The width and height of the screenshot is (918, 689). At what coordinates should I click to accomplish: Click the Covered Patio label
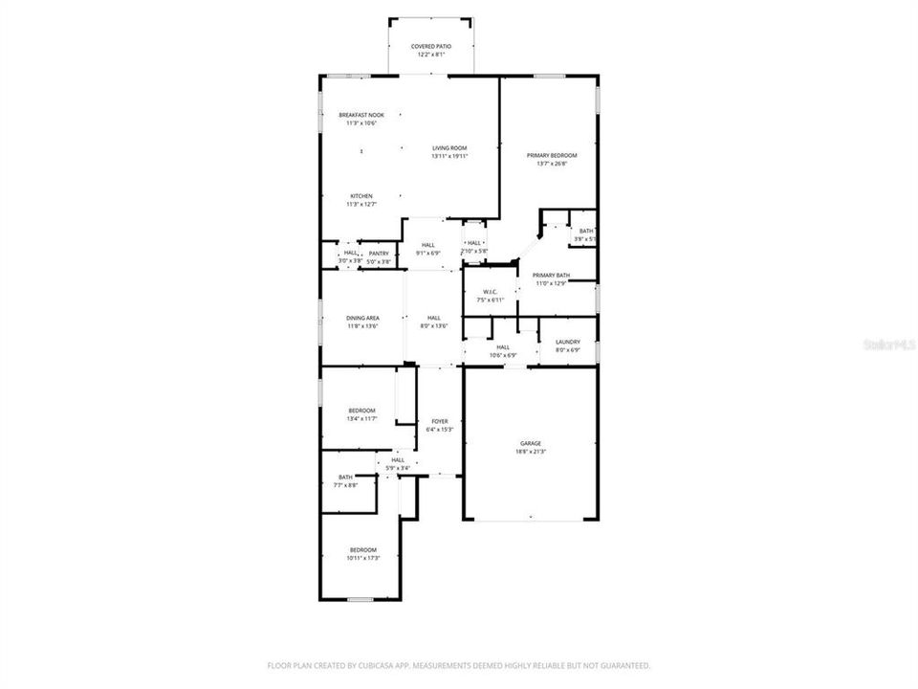431,46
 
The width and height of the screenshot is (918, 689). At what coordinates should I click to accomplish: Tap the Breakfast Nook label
361,115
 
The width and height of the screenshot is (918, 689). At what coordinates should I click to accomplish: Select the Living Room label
449,147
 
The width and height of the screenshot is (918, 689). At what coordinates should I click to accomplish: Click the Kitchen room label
361,196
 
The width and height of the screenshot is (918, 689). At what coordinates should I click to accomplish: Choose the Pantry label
379,254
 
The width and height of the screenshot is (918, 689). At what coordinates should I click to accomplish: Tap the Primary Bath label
551,275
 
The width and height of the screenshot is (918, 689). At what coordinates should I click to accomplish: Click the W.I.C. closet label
491,292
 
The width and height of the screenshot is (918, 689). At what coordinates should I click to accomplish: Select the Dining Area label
362,318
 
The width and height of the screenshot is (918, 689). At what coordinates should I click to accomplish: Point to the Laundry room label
568,342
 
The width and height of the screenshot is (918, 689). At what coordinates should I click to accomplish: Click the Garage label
531,443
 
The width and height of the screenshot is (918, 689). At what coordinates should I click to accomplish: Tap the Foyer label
439,421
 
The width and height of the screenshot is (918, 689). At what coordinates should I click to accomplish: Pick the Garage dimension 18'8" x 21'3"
531,452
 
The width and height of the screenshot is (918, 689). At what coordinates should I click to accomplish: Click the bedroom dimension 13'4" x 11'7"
362,419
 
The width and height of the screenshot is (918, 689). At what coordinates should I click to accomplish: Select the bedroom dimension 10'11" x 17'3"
362,558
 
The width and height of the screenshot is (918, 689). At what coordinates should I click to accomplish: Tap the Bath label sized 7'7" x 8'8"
345,478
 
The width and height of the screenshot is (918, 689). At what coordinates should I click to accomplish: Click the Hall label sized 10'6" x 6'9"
503,347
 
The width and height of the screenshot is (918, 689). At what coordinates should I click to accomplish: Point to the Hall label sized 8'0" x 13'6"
434,318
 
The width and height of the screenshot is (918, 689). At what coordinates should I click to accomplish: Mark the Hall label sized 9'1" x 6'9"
427,245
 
